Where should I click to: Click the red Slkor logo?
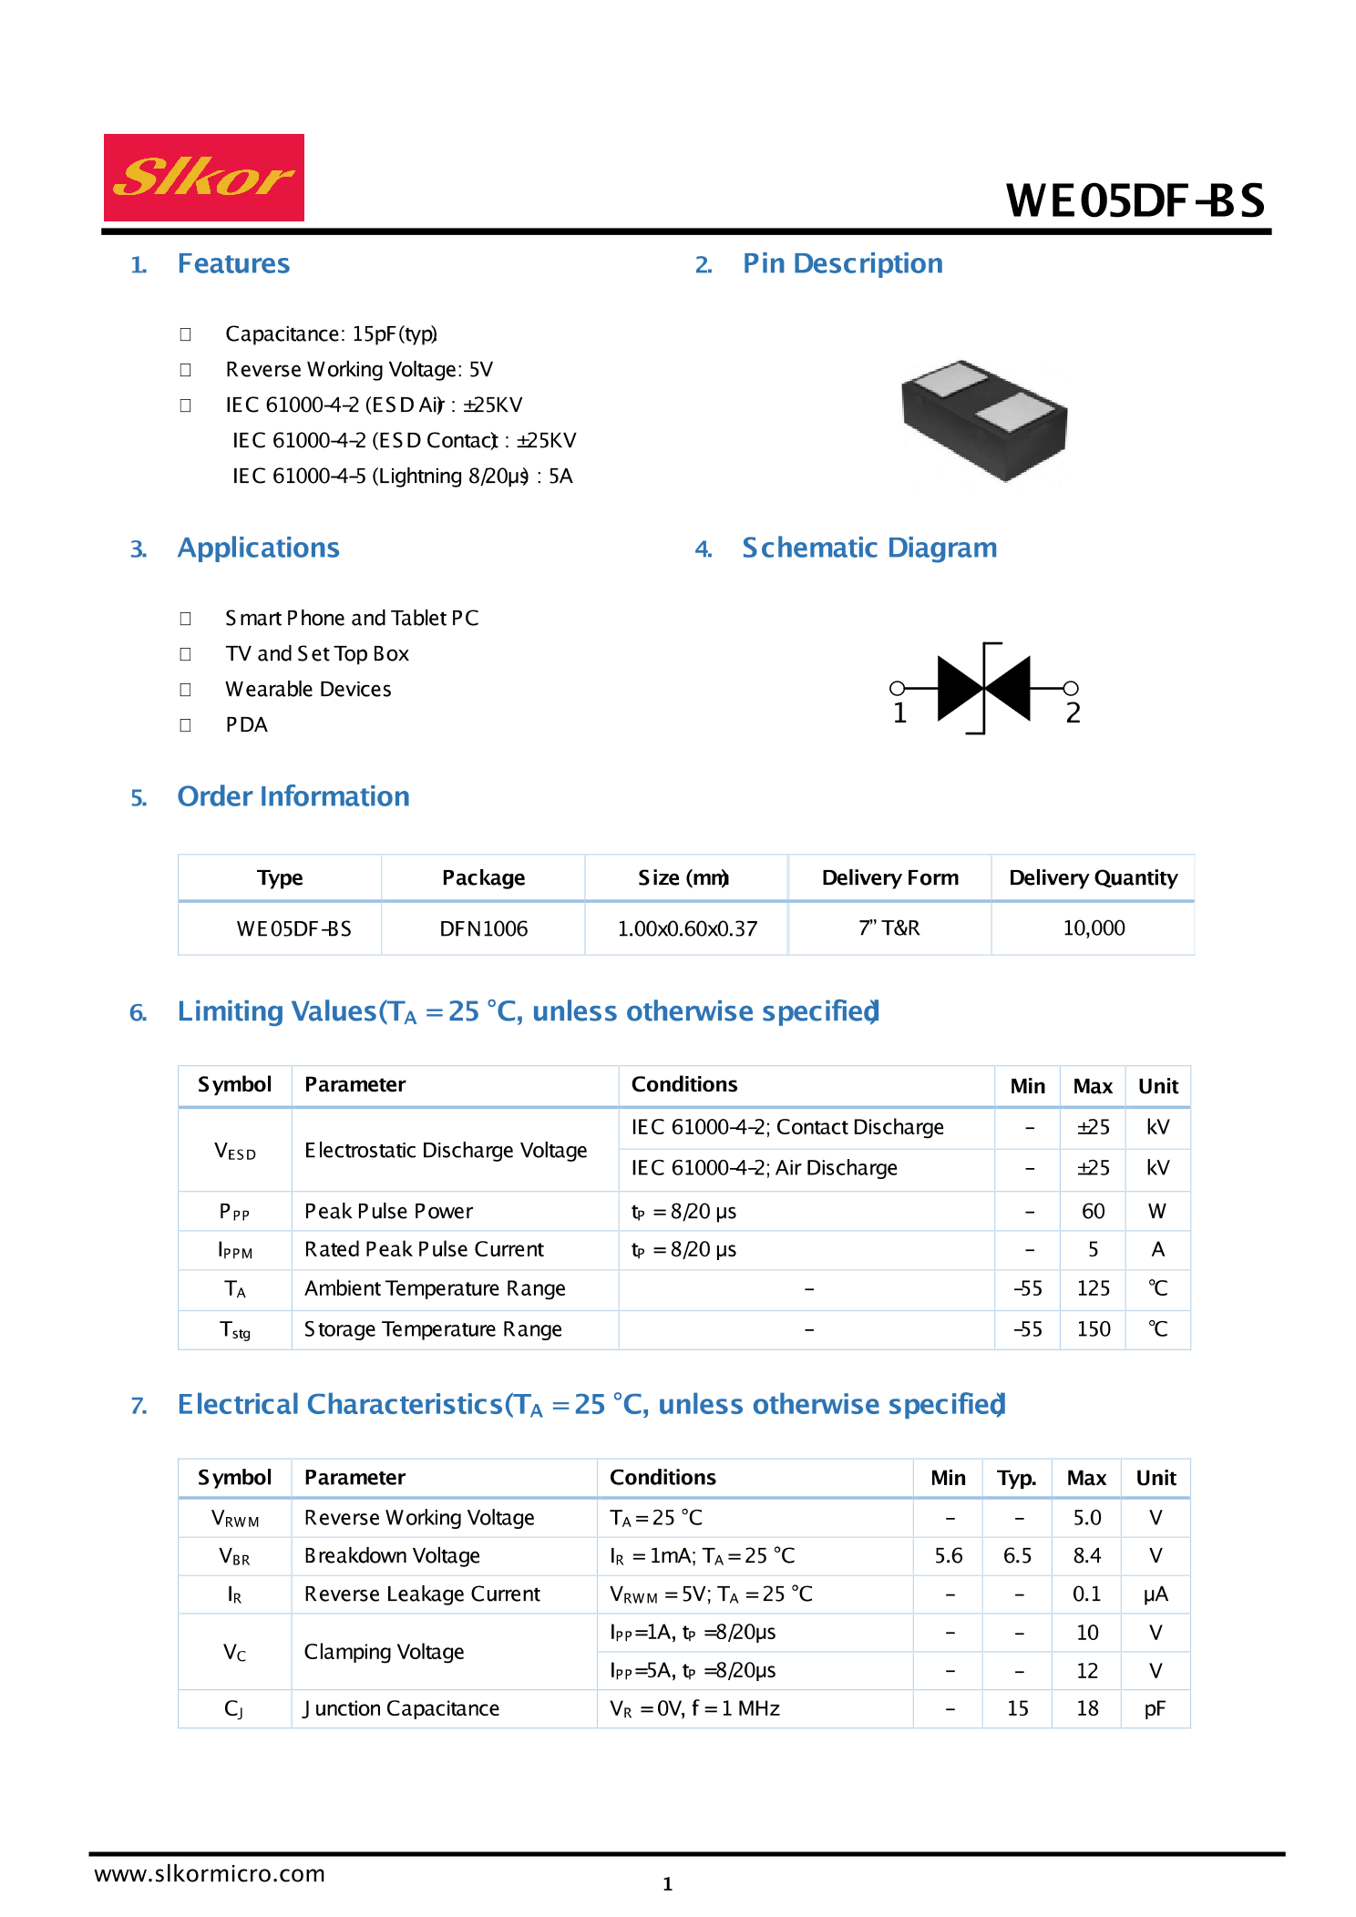(x=203, y=178)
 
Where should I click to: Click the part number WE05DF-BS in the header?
(x=1135, y=201)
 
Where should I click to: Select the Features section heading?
(x=233, y=263)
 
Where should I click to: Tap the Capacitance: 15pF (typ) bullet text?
(x=331, y=333)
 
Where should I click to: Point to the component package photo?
(x=984, y=420)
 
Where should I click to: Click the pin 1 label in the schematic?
(x=899, y=713)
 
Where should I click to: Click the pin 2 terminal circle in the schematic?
(x=1072, y=688)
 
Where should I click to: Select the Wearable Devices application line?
(x=308, y=690)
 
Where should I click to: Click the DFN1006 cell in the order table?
(x=483, y=928)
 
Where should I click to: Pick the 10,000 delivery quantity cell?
(x=1094, y=928)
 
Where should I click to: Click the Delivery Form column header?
(x=889, y=877)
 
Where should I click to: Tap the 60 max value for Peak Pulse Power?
(x=1093, y=1211)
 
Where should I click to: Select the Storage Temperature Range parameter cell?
(x=433, y=1329)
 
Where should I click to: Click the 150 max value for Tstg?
(x=1093, y=1329)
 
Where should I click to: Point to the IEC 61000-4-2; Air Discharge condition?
(x=764, y=1168)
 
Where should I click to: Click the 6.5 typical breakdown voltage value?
(x=1017, y=1556)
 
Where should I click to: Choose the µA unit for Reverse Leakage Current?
(x=1156, y=1594)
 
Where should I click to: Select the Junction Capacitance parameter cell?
(x=401, y=1709)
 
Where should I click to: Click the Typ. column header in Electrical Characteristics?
(x=1016, y=1478)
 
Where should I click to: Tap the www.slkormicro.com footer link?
(x=210, y=1874)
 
